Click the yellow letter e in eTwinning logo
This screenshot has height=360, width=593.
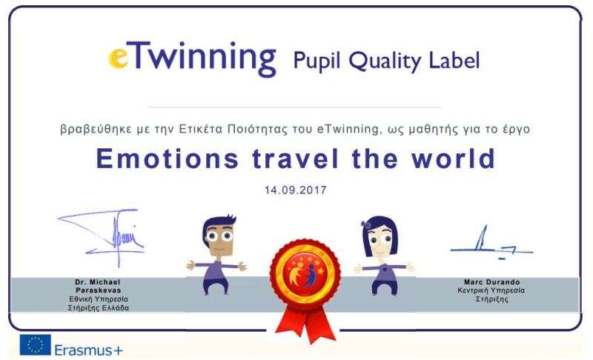(x=118, y=59)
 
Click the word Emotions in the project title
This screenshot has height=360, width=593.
(x=168, y=159)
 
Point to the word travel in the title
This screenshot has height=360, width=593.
(x=295, y=159)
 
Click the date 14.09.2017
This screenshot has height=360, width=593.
(x=295, y=190)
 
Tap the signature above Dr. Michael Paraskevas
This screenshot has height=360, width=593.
(x=102, y=236)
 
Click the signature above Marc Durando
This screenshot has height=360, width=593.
(x=491, y=243)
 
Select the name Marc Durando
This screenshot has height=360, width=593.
(x=491, y=281)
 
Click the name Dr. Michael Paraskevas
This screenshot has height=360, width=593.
(x=98, y=286)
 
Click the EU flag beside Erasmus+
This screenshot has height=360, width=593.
(x=35, y=344)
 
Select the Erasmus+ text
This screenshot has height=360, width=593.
(x=88, y=350)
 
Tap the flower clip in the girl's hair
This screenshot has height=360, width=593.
(x=366, y=224)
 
